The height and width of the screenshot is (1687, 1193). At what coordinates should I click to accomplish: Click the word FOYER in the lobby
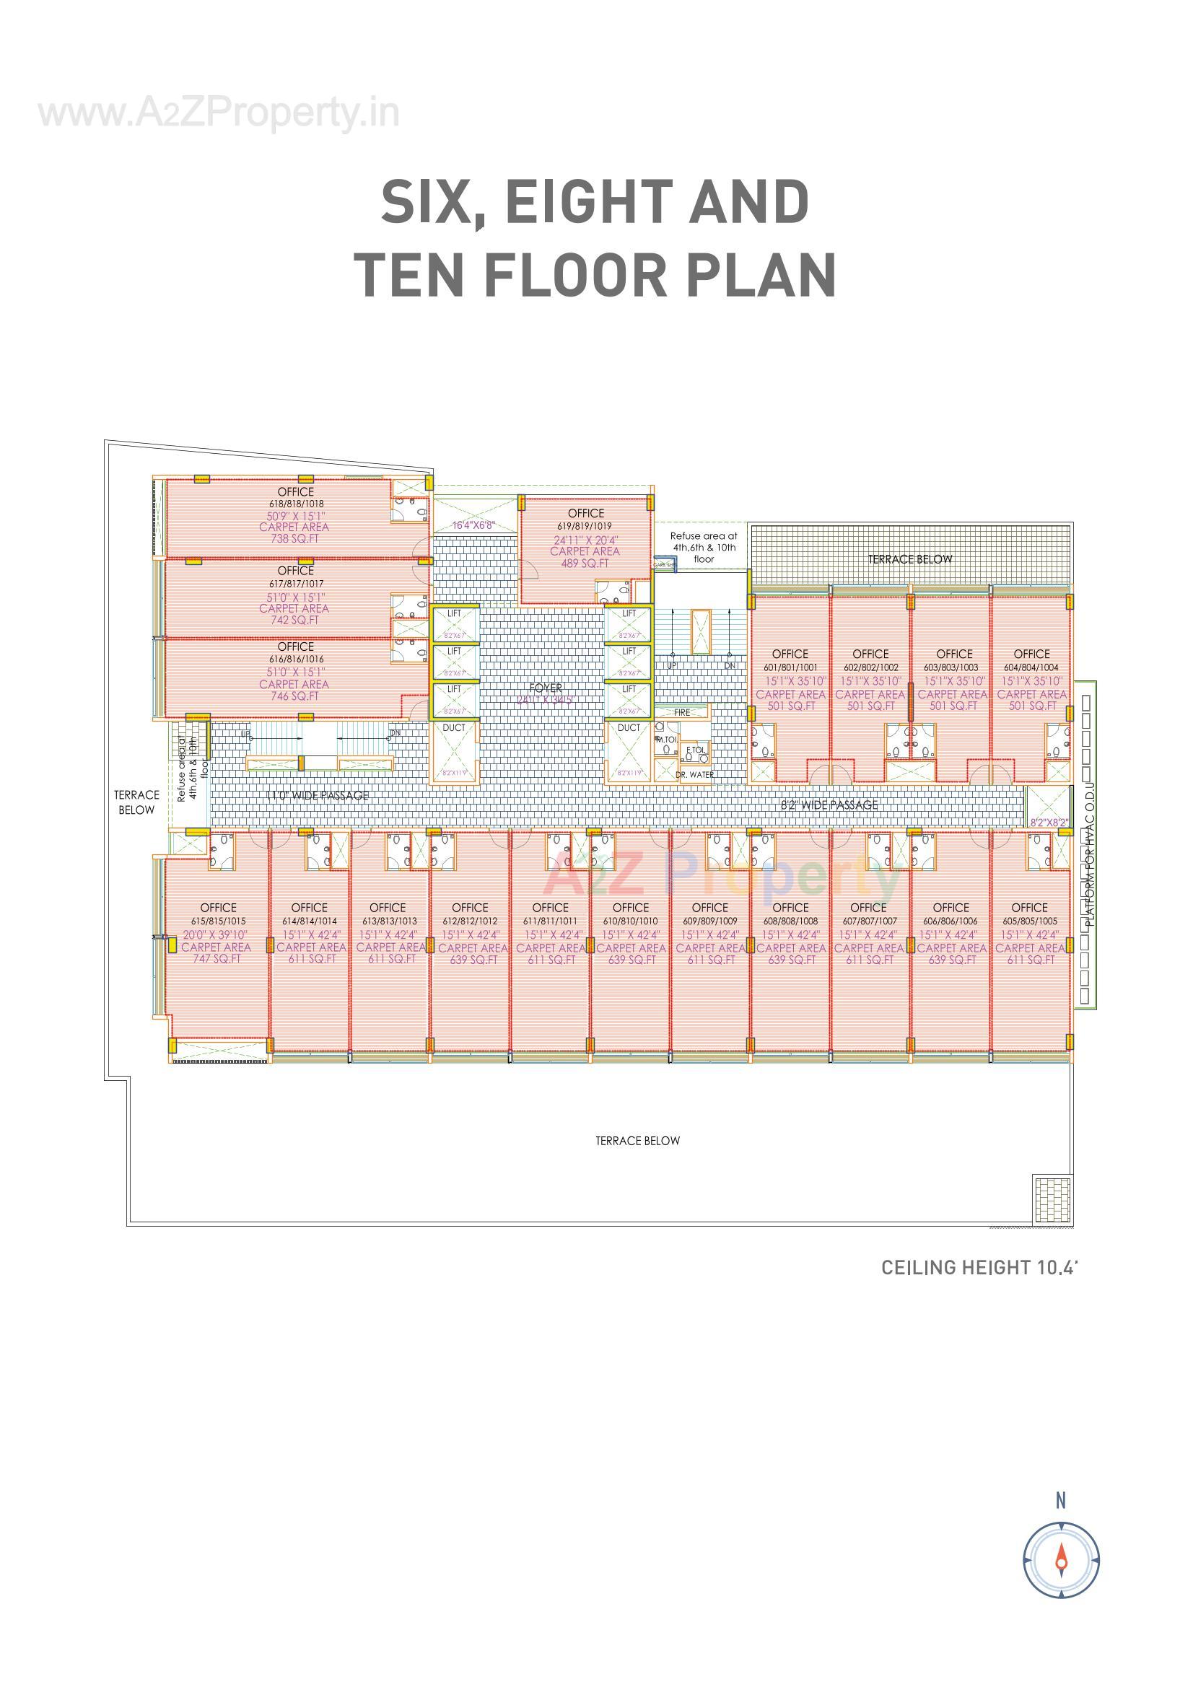click(x=546, y=688)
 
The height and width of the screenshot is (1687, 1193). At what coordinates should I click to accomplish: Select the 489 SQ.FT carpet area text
click(x=585, y=564)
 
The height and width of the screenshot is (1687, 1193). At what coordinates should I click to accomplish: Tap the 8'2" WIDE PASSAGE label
click(x=829, y=805)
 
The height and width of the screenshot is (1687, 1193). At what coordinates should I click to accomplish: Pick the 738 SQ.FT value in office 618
click(x=294, y=538)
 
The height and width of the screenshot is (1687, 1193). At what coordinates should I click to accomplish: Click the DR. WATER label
click(x=694, y=774)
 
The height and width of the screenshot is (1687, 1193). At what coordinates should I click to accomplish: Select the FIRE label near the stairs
click(x=681, y=712)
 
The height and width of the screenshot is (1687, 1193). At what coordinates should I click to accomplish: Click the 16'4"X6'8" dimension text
click(x=473, y=525)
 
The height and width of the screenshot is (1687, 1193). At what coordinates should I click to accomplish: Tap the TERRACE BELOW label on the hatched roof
click(x=910, y=559)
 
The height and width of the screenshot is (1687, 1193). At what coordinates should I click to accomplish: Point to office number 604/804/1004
click(x=1031, y=668)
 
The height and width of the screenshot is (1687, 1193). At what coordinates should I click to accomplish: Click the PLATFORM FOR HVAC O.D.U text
click(x=1090, y=853)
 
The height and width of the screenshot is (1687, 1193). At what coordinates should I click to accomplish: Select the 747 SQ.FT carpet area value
click(x=216, y=959)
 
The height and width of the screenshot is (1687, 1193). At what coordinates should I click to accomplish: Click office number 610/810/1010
click(x=631, y=921)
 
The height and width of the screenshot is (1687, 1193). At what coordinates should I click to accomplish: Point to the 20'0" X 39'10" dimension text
click(x=216, y=934)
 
